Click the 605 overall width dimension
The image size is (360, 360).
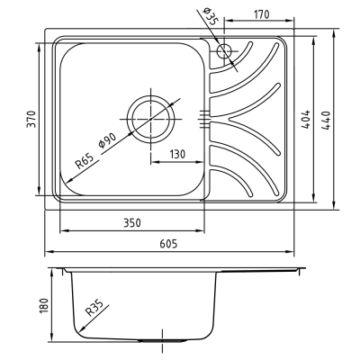click(168, 244)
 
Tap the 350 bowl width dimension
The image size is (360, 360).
click(132, 223)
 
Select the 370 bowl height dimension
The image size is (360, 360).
click(31, 119)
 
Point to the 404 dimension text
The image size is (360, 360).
click(305, 120)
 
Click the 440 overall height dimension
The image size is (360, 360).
click(326, 121)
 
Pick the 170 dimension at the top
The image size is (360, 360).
click(262, 14)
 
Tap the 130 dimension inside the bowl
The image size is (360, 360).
click(177, 154)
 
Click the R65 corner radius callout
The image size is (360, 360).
click(85, 161)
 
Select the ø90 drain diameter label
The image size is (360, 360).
click(107, 140)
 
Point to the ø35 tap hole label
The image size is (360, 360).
click(211, 16)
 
